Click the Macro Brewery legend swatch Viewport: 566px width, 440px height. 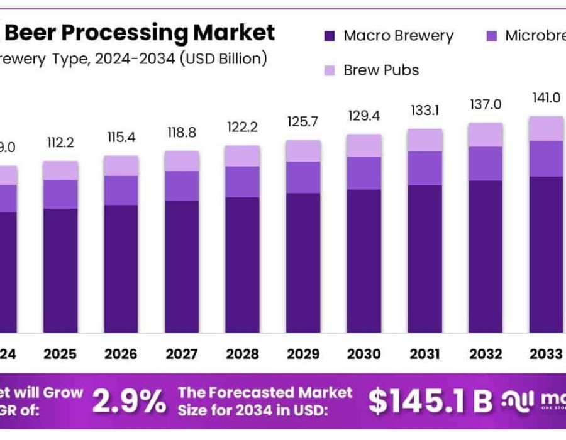tap(330, 36)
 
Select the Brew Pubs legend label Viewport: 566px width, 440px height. tap(381, 70)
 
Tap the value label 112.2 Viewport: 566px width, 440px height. tap(60, 143)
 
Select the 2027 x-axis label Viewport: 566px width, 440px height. tap(182, 354)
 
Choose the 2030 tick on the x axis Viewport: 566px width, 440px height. tap(363, 354)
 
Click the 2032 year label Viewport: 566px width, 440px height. tap(485, 354)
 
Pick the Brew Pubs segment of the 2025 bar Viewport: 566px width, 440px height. tap(60, 170)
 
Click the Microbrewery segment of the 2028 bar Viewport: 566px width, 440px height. tap(243, 182)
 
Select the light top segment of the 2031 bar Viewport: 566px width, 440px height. tap(425, 140)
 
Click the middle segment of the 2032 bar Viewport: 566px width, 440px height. tap(485, 163)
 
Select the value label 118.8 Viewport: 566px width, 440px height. tap(182, 133)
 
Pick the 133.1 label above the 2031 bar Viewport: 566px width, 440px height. tap(425, 111)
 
